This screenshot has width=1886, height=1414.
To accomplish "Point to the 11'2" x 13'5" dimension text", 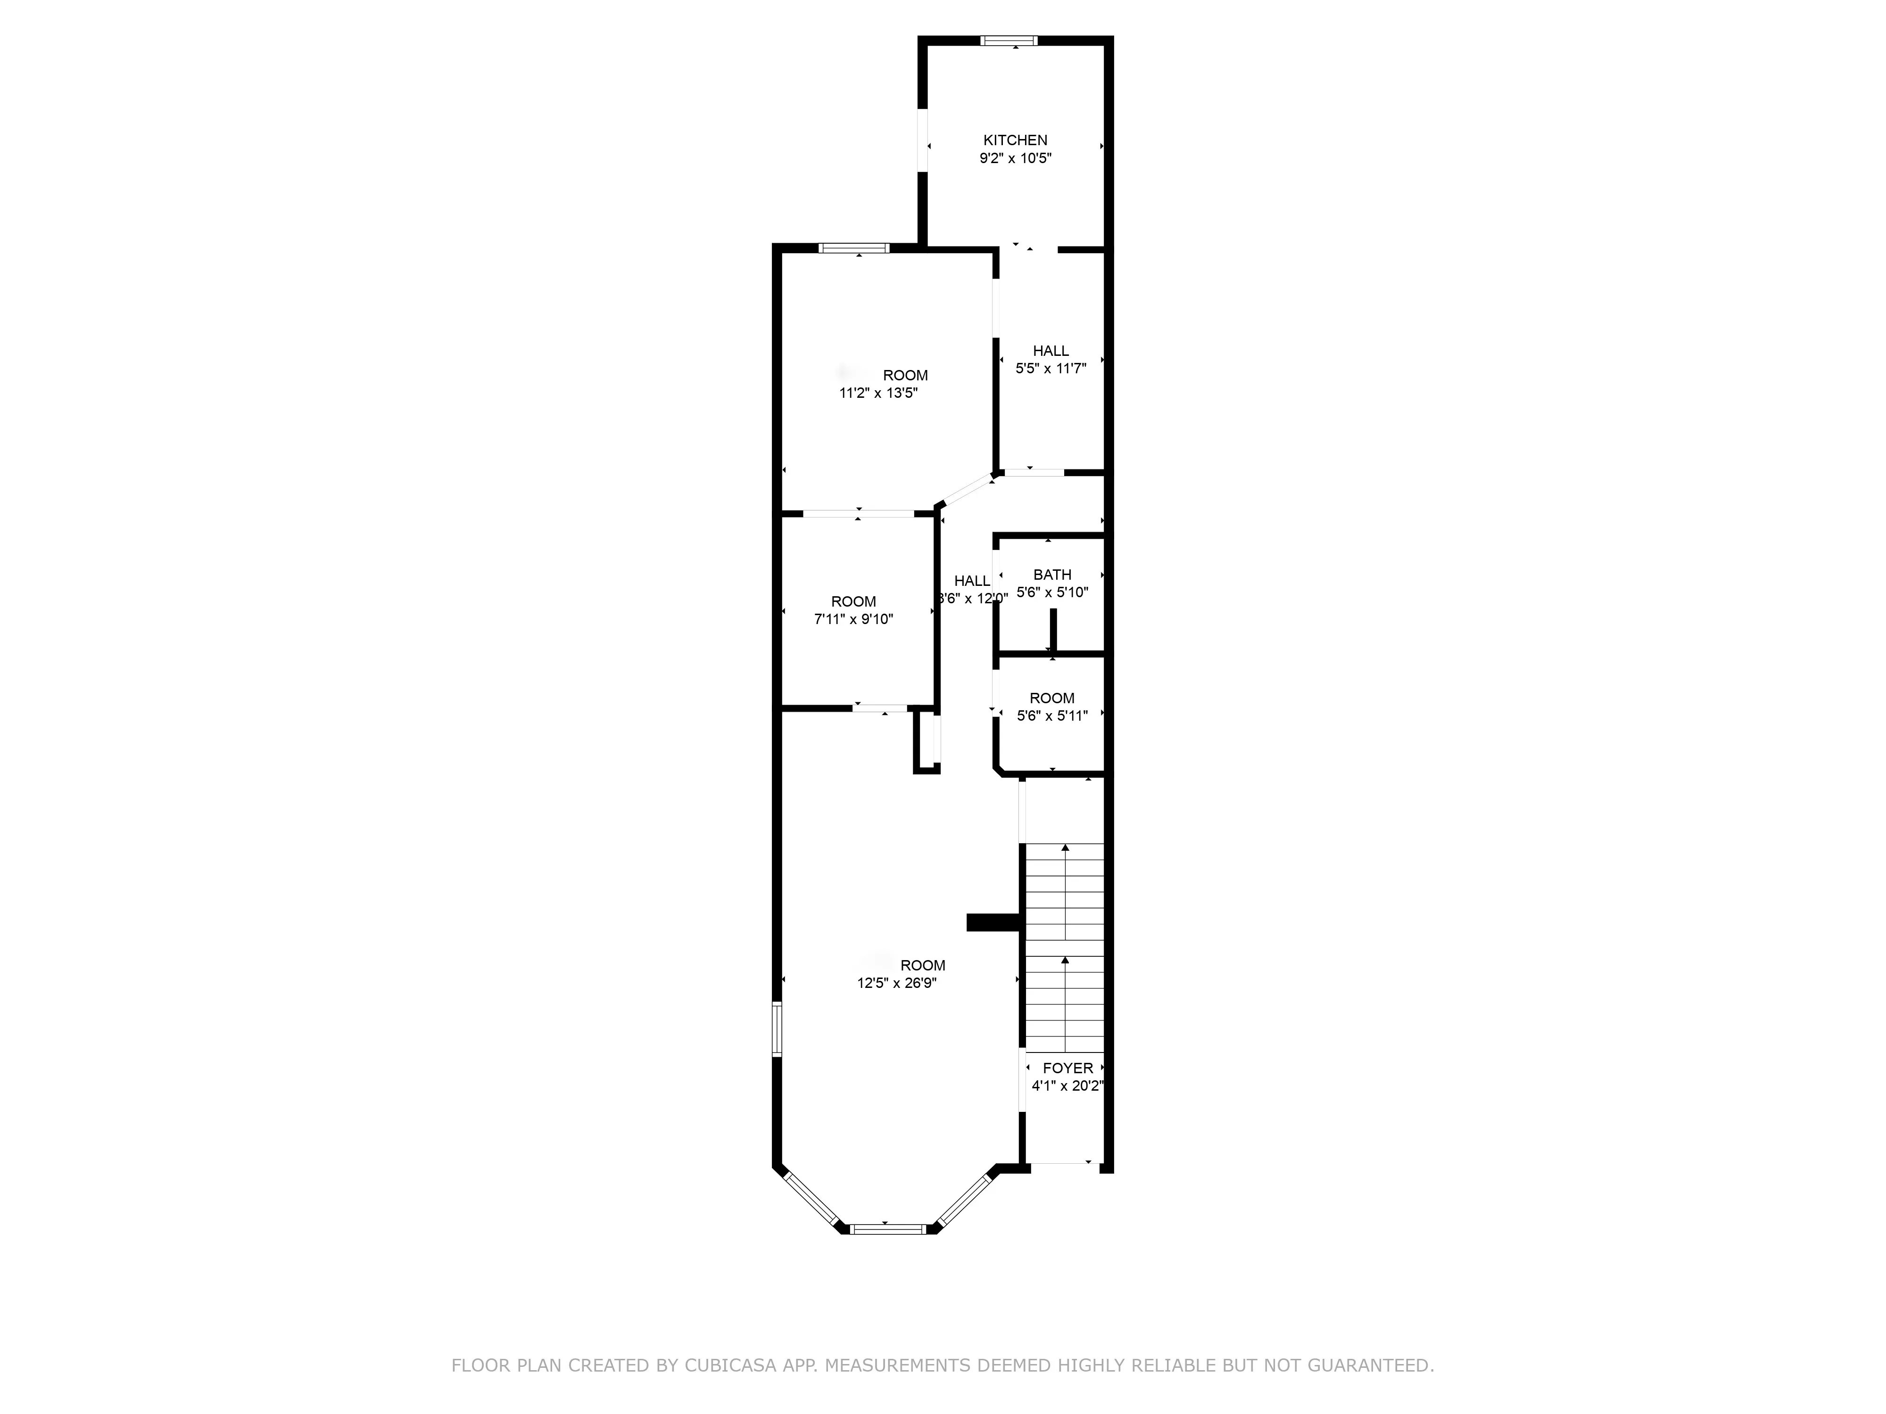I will click(x=878, y=393).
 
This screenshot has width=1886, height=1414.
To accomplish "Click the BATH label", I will click(x=1051, y=575).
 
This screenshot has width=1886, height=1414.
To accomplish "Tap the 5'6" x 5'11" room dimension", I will click(x=1051, y=716).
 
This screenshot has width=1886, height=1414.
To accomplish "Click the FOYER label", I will click(x=1067, y=1068).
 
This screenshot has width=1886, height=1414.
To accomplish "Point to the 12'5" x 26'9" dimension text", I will click(x=896, y=983).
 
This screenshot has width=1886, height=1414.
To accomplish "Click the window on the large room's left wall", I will click(x=777, y=1029).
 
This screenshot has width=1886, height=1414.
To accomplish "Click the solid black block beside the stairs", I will click(x=993, y=922).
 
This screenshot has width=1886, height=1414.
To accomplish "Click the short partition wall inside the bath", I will click(x=1053, y=631).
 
